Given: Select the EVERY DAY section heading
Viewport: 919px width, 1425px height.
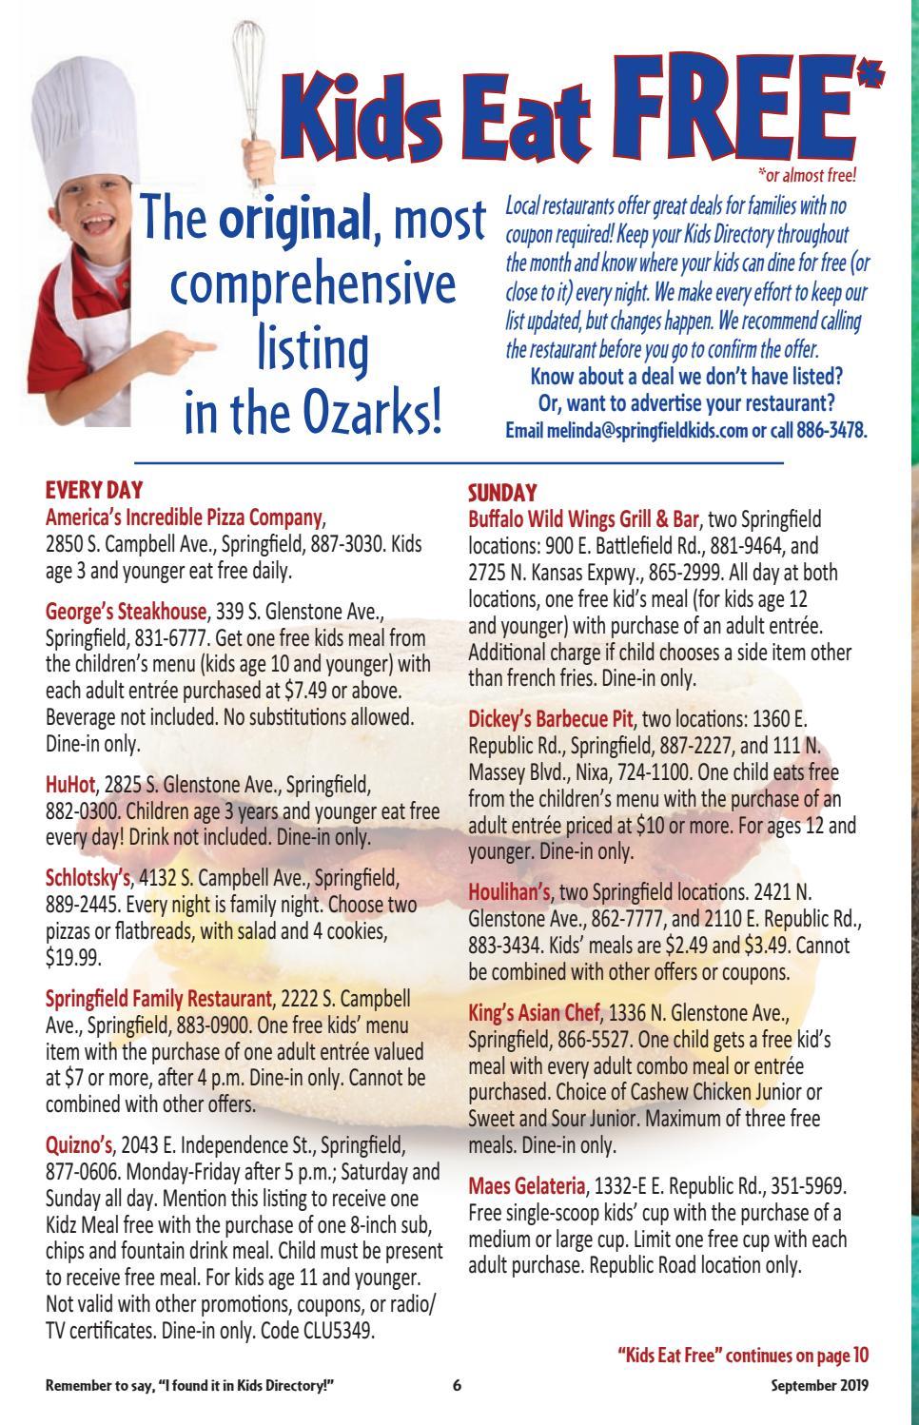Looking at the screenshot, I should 94,490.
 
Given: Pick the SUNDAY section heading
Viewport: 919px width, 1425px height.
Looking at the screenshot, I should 502,493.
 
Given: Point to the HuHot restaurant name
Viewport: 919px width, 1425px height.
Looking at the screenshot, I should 70,785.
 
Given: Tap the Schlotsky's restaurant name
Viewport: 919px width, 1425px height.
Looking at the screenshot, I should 87,875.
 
